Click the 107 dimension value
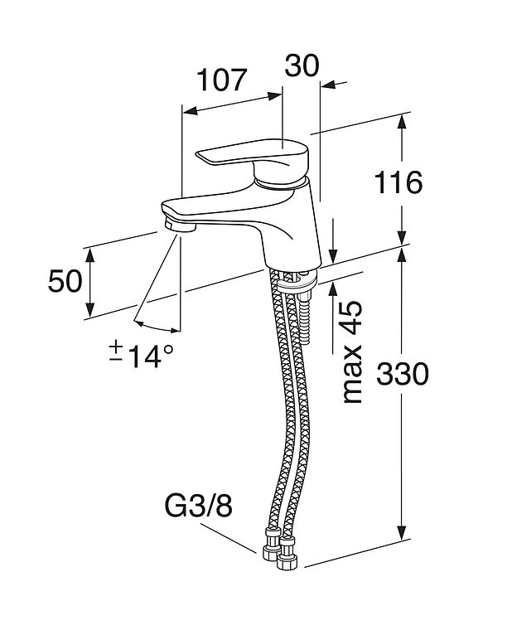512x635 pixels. (x=222, y=80)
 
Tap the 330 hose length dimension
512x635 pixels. (x=403, y=375)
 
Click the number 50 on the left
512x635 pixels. (x=65, y=282)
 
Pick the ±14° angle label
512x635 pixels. (x=142, y=355)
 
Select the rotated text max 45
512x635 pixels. (x=351, y=351)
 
